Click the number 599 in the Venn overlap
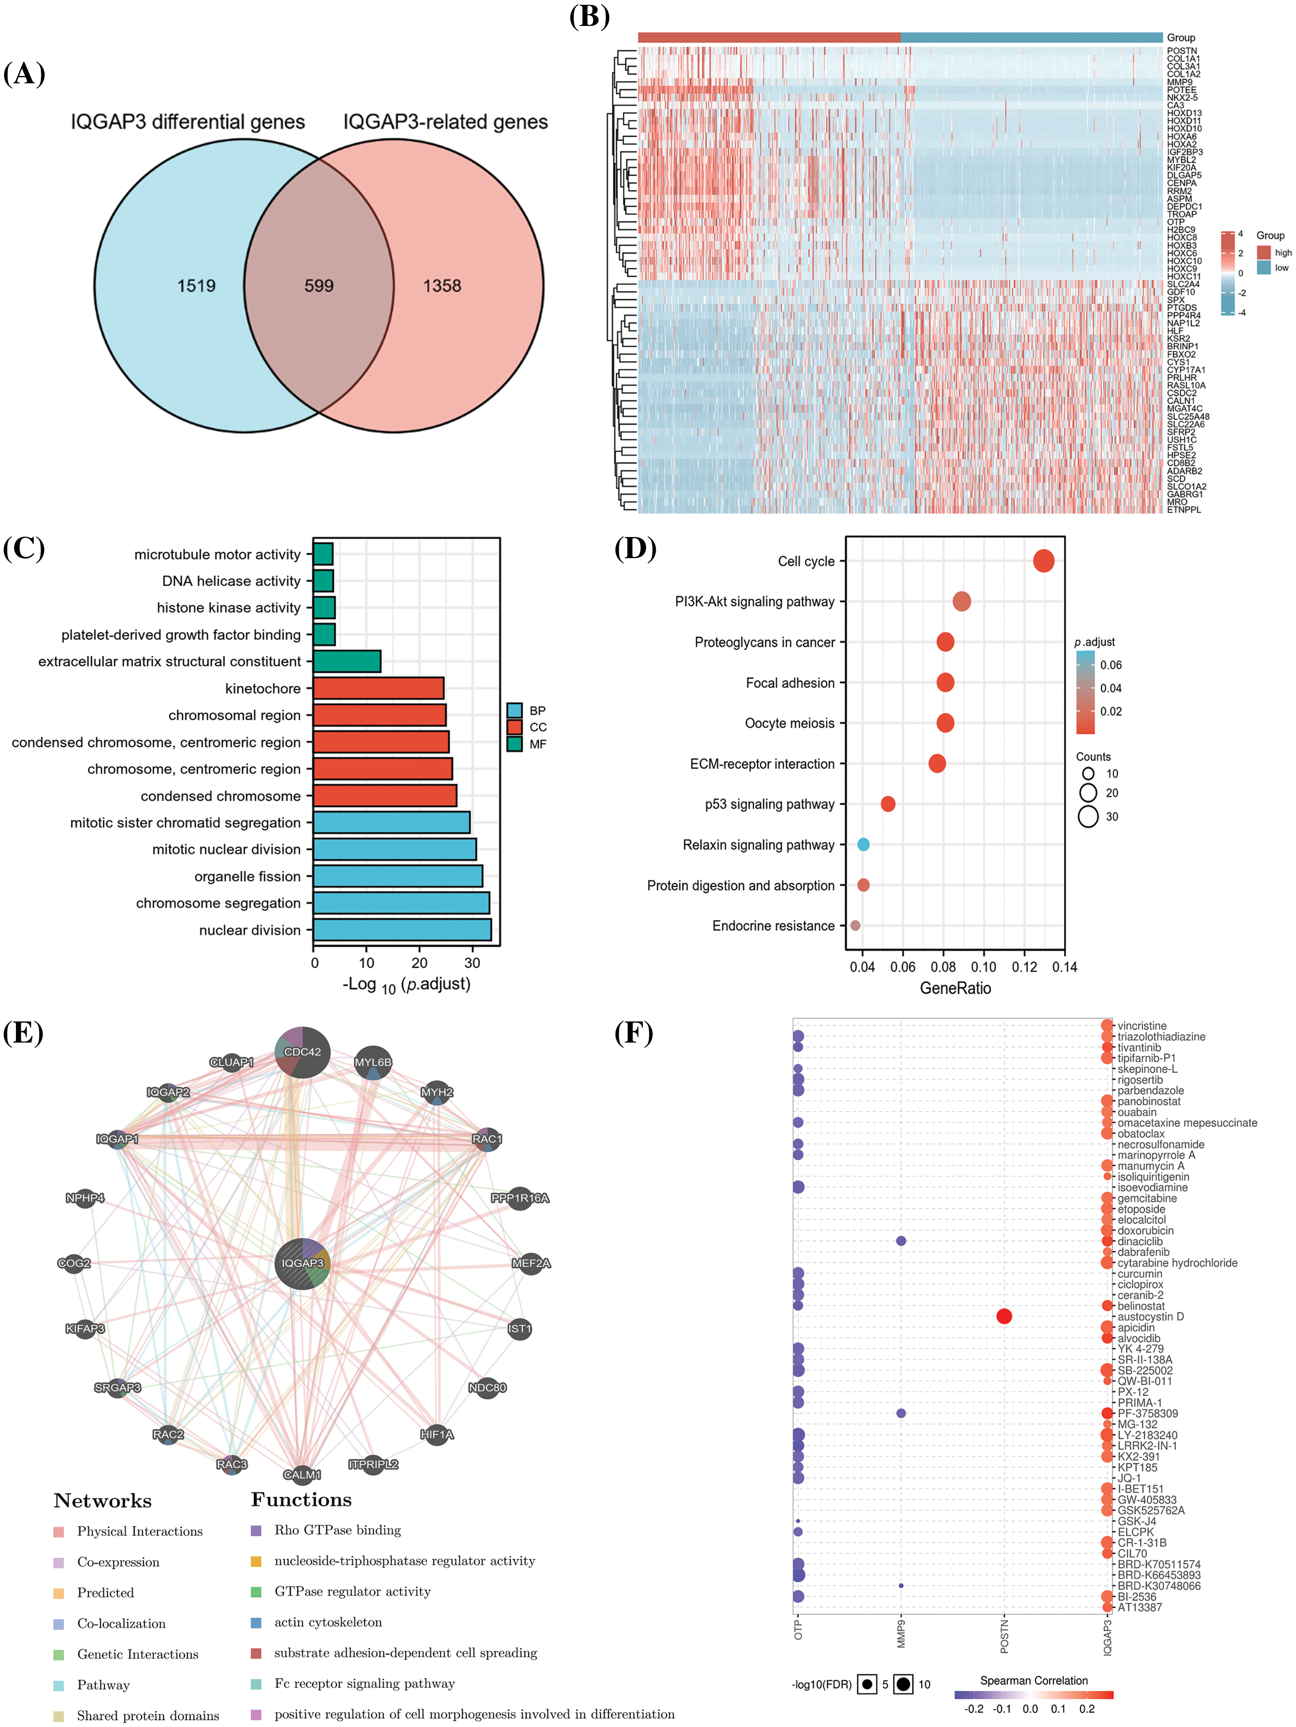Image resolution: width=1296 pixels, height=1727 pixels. click(x=318, y=286)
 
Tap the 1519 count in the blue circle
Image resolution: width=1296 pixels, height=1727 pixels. click(x=196, y=286)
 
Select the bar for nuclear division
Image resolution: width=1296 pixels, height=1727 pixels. click(x=402, y=929)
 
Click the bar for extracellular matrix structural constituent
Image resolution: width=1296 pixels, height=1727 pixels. click(x=347, y=661)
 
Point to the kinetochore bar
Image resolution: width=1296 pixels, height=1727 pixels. click(x=379, y=688)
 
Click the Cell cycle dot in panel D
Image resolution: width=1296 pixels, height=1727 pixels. click(x=1043, y=561)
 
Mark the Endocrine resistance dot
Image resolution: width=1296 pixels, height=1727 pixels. click(x=855, y=925)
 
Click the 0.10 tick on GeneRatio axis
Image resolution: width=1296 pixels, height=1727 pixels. click(x=984, y=967)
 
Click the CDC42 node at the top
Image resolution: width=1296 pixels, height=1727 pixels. click(x=303, y=1052)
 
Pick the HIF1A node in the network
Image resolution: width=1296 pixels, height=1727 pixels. click(x=437, y=1433)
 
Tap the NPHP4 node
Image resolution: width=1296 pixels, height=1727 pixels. click(x=84, y=1198)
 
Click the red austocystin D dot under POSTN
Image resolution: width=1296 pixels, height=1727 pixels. click(x=1004, y=1316)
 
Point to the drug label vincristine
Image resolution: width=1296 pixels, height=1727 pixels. click(x=1142, y=1026)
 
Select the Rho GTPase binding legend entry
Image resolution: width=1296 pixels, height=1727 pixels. click(x=337, y=1530)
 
